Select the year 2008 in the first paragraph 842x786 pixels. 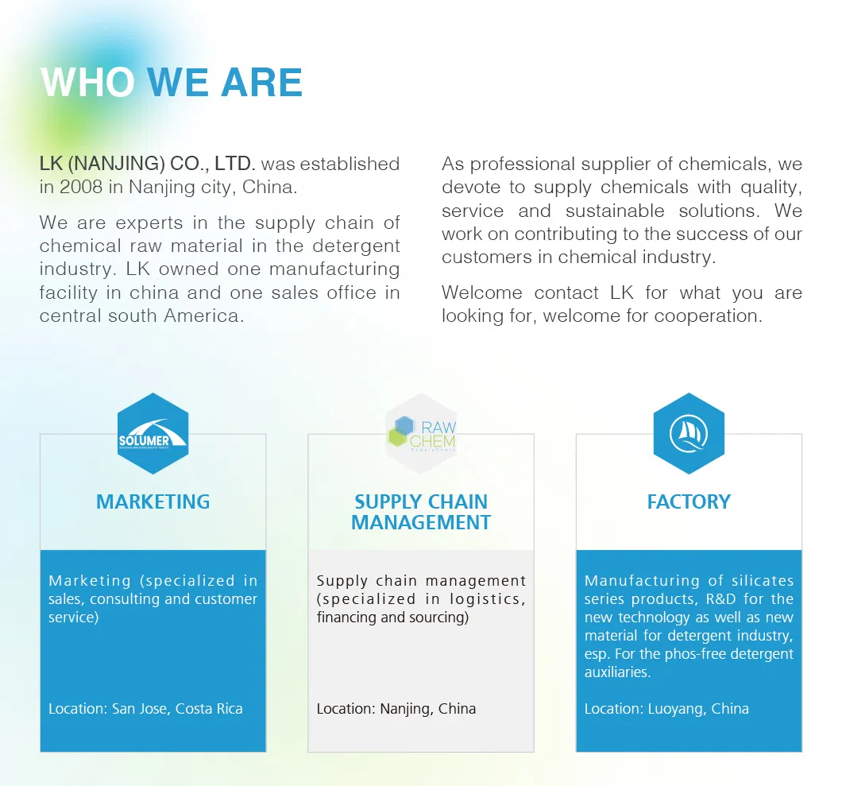[81, 187]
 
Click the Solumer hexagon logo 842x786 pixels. [153, 434]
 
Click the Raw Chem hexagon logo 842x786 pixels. [421, 434]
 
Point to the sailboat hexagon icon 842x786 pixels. [689, 434]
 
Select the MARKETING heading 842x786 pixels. [153, 501]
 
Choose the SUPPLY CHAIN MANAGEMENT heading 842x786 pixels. [421, 512]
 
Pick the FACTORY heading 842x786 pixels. [689, 501]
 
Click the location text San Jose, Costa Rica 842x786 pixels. [177, 709]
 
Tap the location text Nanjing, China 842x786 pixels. [428, 709]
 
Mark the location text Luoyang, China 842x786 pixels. [698, 709]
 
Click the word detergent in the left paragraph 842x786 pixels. [356, 246]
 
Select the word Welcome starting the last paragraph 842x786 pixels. [481, 292]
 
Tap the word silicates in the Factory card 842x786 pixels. [763, 581]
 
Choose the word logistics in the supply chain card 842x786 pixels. [488, 599]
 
